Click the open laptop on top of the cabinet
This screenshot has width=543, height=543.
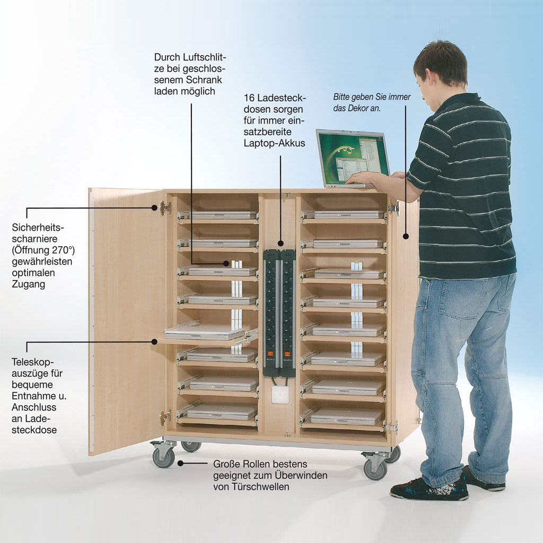tap(353, 159)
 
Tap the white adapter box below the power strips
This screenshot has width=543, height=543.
tap(280, 395)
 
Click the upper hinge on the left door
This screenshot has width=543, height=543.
tap(165, 208)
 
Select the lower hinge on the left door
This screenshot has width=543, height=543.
tap(165, 417)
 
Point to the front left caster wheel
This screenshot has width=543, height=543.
tap(163, 457)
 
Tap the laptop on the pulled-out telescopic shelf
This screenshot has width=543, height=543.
tap(204, 332)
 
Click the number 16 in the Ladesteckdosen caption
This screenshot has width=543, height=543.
tap(249, 98)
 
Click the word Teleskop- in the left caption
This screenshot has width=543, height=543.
tap(33, 362)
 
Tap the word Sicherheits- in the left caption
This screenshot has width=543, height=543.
tap(38, 227)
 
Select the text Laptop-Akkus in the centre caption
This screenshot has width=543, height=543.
tap(274, 143)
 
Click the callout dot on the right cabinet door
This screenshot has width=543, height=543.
tap(406, 237)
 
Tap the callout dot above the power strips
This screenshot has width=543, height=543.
tap(281, 243)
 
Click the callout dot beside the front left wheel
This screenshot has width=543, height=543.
tap(180, 463)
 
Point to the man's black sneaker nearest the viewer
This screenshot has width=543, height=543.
tap(430, 488)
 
